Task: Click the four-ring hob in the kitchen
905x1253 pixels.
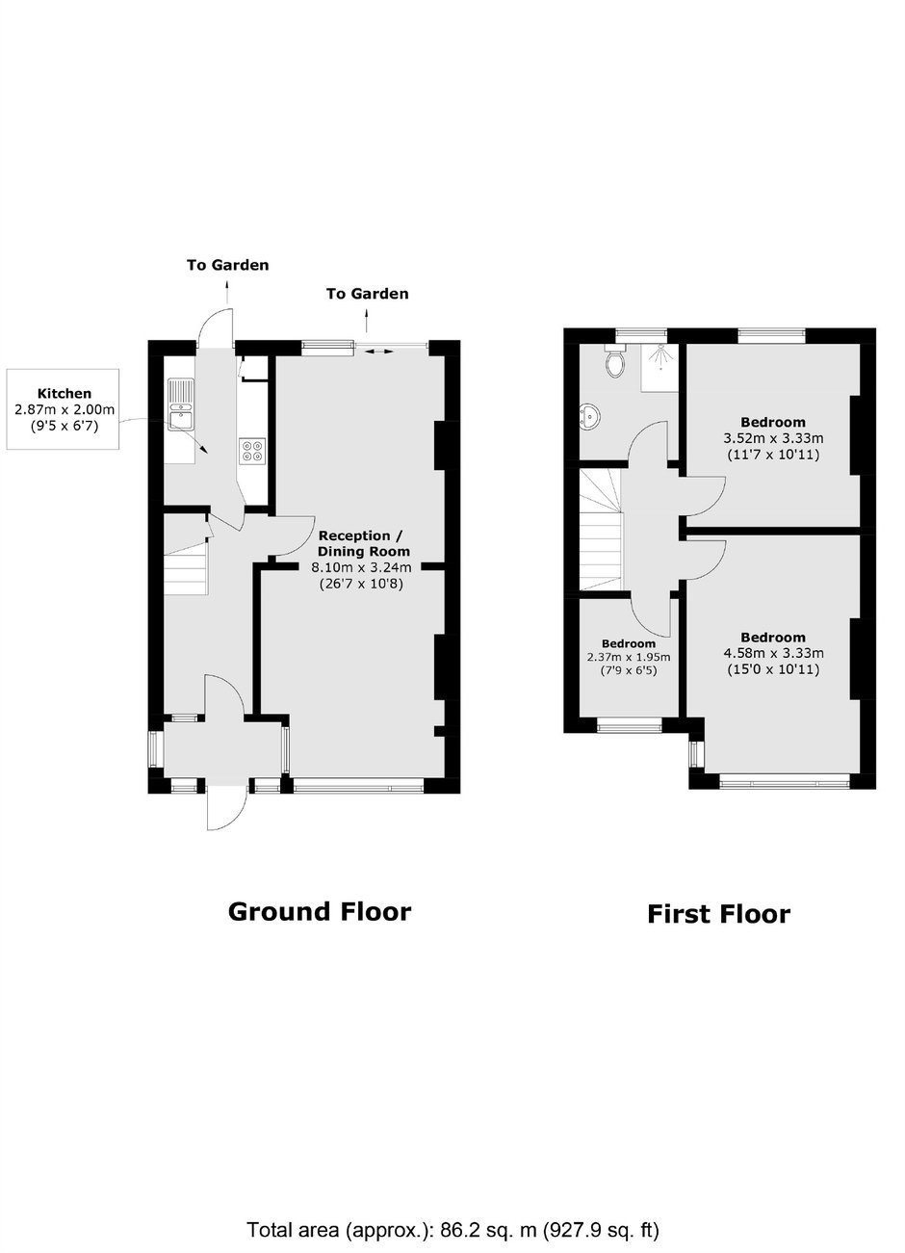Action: coord(251,451)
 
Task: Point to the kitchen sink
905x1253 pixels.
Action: coord(180,405)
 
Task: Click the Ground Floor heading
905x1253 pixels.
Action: coord(320,911)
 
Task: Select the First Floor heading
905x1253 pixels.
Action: coord(719,914)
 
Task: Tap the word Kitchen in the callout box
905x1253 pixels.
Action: coord(65,393)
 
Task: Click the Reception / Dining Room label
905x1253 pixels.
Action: coord(361,544)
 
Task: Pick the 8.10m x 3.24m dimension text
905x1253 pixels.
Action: coord(361,567)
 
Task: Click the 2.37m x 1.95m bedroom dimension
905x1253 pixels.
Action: coord(629,657)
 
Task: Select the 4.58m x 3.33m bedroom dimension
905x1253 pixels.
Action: coord(773,653)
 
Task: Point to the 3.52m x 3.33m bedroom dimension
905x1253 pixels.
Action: coord(773,438)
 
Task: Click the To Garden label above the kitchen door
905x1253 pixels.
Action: coord(227,265)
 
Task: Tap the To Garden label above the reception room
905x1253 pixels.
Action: coord(368,294)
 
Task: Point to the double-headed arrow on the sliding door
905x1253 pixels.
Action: coord(378,352)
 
